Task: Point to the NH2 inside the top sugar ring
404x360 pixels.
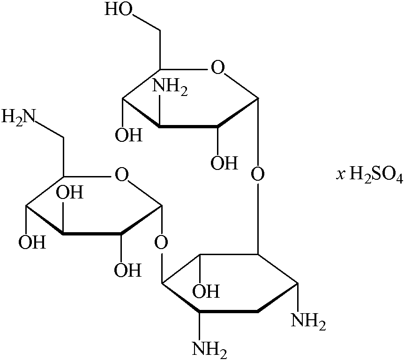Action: point(170,88)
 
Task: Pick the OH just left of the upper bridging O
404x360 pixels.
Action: point(224,163)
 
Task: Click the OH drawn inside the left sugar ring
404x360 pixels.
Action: point(70,192)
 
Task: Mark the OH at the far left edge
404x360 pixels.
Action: point(32,242)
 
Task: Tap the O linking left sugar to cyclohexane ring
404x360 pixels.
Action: point(161,243)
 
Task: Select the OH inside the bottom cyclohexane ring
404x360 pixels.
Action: point(206,292)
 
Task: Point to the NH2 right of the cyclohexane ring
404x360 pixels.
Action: point(308,321)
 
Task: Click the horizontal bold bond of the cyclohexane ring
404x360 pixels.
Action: point(228,311)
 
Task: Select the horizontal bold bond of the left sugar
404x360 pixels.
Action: point(92,233)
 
